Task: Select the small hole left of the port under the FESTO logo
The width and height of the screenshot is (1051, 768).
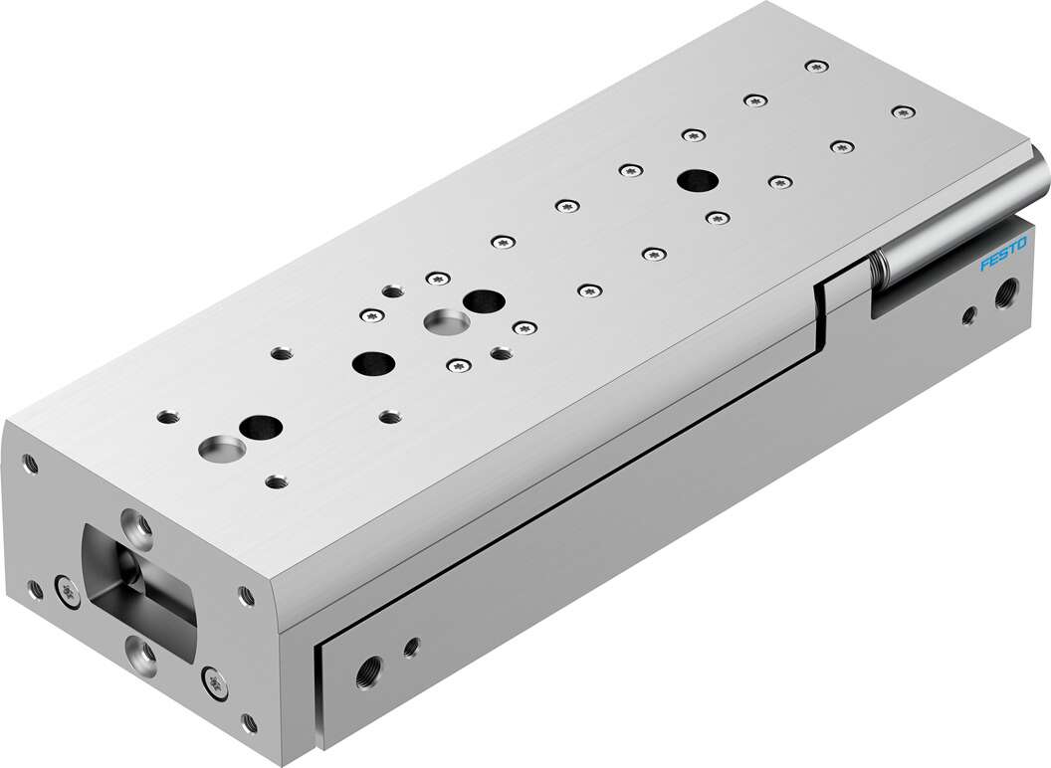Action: click(967, 318)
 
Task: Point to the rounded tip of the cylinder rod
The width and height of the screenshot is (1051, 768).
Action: click(1039, 171)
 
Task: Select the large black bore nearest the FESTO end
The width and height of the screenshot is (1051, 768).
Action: click(696, 180)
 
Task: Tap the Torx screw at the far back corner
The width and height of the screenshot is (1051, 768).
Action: click(816, 66)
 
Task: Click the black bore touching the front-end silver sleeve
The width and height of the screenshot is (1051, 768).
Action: click(259, 427)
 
